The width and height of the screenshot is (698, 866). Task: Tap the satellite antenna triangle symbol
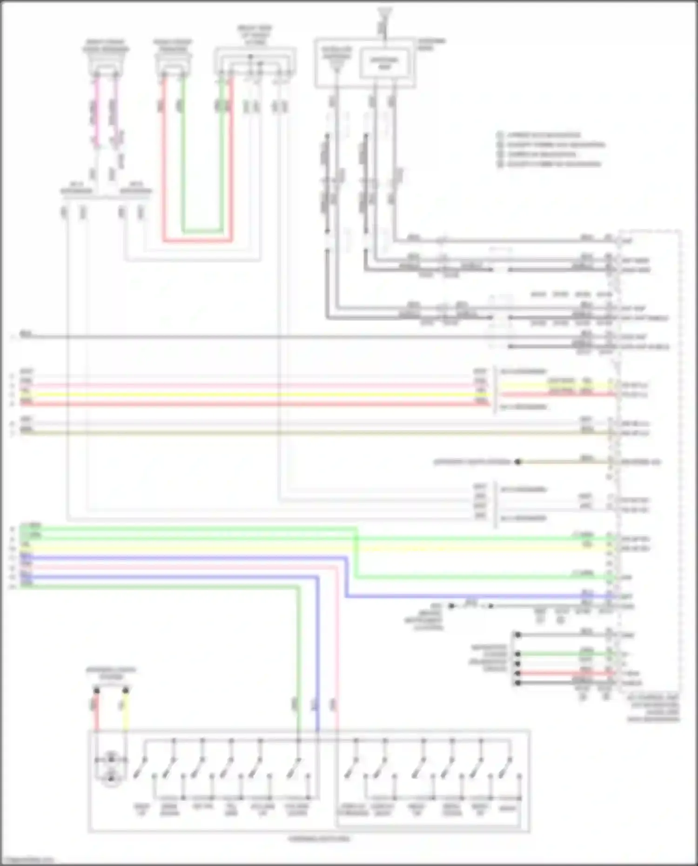(x=337, y=65)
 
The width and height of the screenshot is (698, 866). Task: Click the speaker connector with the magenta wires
(x=106, y=66)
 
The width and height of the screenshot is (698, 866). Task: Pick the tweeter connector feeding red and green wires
(x=173, y=66)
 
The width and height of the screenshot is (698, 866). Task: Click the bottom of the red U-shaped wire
(x=197, y=241)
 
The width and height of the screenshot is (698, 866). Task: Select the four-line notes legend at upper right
(x=549, y=149)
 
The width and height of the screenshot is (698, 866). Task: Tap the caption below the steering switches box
(x=318, y=839)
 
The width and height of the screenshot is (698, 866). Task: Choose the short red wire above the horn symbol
(x=97, y=712)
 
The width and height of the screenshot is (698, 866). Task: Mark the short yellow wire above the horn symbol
(x=125, y=712)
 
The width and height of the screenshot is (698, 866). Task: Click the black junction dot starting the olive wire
(x=517, y=462)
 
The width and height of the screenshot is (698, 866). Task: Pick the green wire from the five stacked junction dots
(x=563, y=654)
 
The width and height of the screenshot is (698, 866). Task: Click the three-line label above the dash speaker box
(x=255, y=35)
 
